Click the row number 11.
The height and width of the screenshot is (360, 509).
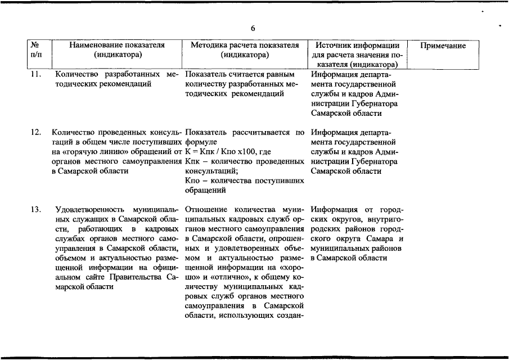(x=35, y=74)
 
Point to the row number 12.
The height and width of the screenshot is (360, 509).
(x=35, y=132)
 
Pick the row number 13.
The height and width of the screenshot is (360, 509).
(x=35, y=210)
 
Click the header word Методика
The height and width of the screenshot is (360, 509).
(x=208, y=46)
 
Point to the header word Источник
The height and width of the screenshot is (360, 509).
(x=334, y=46)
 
